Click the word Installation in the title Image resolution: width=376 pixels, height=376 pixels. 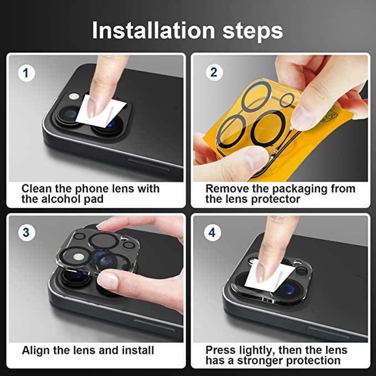153,30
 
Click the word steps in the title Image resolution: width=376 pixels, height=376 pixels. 253,31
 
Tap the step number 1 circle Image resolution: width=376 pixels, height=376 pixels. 27,73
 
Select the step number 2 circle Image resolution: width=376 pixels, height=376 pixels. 214,72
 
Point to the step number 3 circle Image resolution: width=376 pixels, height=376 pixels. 27,233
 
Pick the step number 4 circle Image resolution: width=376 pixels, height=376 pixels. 212,233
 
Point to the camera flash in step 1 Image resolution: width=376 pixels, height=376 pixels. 74,96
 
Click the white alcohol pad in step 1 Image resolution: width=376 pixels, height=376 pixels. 101,111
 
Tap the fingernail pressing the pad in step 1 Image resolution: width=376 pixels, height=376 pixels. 91,109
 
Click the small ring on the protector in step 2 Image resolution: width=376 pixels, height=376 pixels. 287,100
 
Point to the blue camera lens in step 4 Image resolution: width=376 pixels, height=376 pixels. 289,291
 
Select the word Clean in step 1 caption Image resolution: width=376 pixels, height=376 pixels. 37,189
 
